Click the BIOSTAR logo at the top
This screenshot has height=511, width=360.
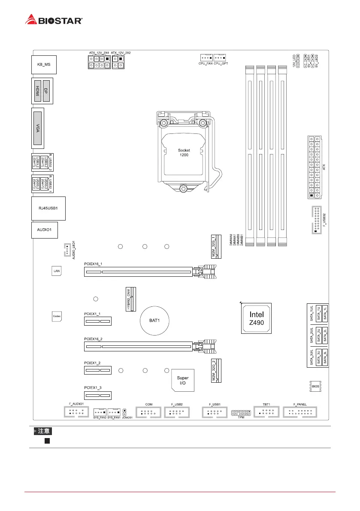pyautogui.click(x=54, y=20)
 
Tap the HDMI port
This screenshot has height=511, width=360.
pyautogui.click(x=38, y=91)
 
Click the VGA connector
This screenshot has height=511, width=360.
pyautogui.click(x=38, y=127)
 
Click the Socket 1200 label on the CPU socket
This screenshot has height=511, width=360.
pyautogui.click(x=184, y=152)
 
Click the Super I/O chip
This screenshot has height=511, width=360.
pyautogui.click(x=183, y=380)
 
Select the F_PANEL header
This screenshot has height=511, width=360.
pyautogui.click(x=301, y=412)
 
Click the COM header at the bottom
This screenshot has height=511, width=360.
pyautogui.click(x=148, y=412)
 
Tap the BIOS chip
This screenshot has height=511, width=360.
pyautogui.click(x=315, y=386)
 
